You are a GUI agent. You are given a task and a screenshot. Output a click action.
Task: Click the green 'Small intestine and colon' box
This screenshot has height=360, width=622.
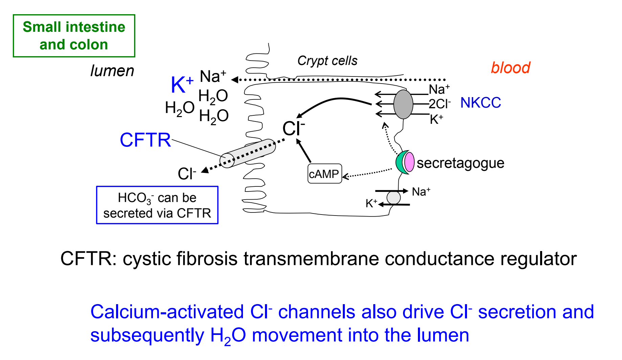(74, 36)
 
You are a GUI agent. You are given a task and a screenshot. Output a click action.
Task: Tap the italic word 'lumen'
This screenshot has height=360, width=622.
(112, 71)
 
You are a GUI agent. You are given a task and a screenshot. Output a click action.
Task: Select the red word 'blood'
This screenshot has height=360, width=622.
(510, 68)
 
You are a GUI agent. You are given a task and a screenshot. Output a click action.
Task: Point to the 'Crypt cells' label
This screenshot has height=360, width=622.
(327, 61)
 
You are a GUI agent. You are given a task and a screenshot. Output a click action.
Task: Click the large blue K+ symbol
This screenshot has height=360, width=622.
(182, 85)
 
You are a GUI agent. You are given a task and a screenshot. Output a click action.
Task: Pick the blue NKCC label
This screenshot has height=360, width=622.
(481, 103)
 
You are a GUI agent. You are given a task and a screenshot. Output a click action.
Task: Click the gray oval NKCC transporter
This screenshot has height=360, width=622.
(403, 104)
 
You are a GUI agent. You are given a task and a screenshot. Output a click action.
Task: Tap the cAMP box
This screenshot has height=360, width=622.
(325, 174)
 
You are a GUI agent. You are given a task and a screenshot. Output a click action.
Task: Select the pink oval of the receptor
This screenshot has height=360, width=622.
(409, 162)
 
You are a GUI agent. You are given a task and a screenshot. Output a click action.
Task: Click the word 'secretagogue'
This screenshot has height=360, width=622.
(460, 163)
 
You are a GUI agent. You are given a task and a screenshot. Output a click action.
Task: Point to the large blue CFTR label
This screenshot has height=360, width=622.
(146, 140)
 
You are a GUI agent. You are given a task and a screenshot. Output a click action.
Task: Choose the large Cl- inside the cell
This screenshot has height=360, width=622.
(293, 129)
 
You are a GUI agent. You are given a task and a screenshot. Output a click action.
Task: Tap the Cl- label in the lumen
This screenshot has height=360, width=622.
(186, 174)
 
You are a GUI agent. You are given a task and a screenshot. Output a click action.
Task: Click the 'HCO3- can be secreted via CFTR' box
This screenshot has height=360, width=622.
(157, 205)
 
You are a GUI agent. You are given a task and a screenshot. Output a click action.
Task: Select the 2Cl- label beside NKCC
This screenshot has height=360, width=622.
(440, 104)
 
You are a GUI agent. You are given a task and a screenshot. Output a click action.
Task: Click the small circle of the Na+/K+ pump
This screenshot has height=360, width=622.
(394, 198)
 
